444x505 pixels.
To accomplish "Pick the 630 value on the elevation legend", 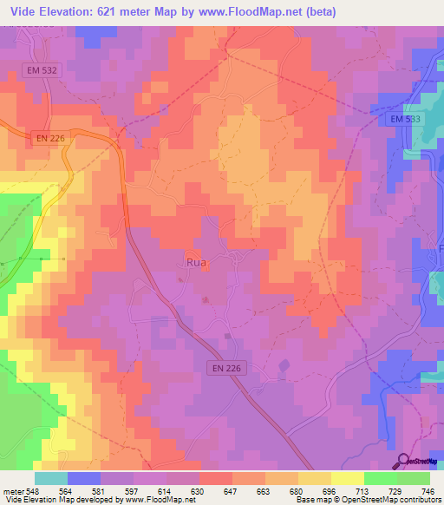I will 199,491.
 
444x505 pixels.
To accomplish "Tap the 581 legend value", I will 101,491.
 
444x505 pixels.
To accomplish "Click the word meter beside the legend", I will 12,491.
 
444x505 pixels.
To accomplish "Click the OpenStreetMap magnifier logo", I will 401,460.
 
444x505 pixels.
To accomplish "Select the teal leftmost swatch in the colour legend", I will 51,478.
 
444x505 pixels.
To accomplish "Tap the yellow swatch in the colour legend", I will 348,478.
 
